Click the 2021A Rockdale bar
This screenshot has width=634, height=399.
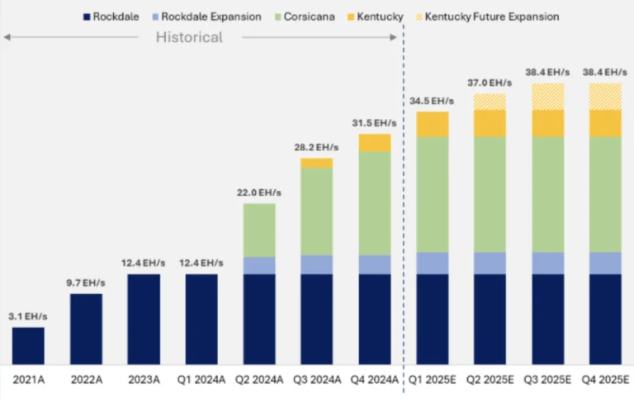28,346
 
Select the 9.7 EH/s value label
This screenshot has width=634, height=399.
86,283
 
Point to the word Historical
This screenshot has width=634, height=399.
189,37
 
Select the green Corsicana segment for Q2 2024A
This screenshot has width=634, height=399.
259,230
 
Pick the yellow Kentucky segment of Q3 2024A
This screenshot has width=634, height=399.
317,163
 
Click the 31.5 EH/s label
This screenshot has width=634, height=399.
375,123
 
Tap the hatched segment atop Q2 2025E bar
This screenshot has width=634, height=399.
490,102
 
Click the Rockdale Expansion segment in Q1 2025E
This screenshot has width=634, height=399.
433,263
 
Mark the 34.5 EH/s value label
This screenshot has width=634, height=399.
433,100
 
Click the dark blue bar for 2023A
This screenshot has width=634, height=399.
144,319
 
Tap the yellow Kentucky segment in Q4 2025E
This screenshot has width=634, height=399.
606,123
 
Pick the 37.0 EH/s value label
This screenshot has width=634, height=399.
490,83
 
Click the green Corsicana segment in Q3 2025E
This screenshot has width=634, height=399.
548,194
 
